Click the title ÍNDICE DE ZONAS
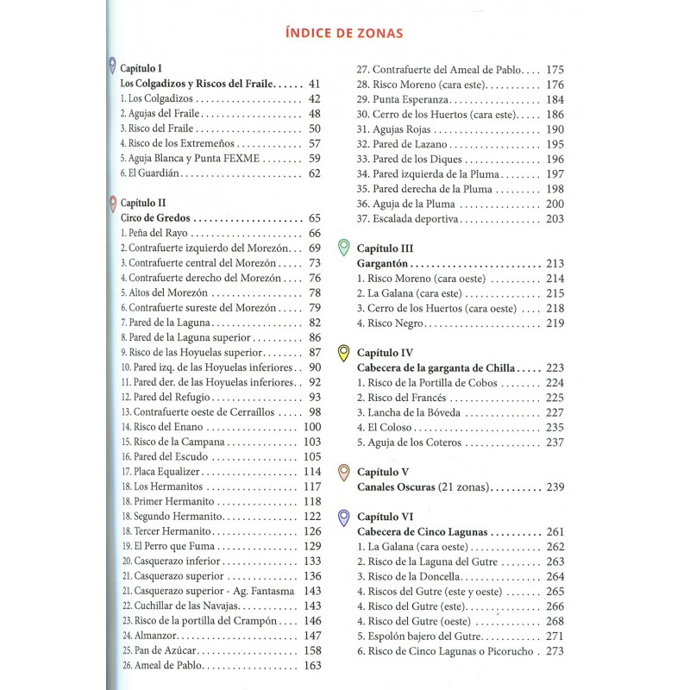(x=345, y=34)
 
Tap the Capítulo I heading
(x=141, y=67)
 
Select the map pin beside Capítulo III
(x=344, y=248)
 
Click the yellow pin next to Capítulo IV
(x=344, y=353)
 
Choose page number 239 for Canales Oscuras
(x=555, y=487)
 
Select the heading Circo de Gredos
(x=155, y=218)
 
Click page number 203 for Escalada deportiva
(x=555, y=219)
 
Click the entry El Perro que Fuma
(x=172, y=546)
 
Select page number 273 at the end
(x=555, y=651)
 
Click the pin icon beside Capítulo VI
(x=344, y=517)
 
